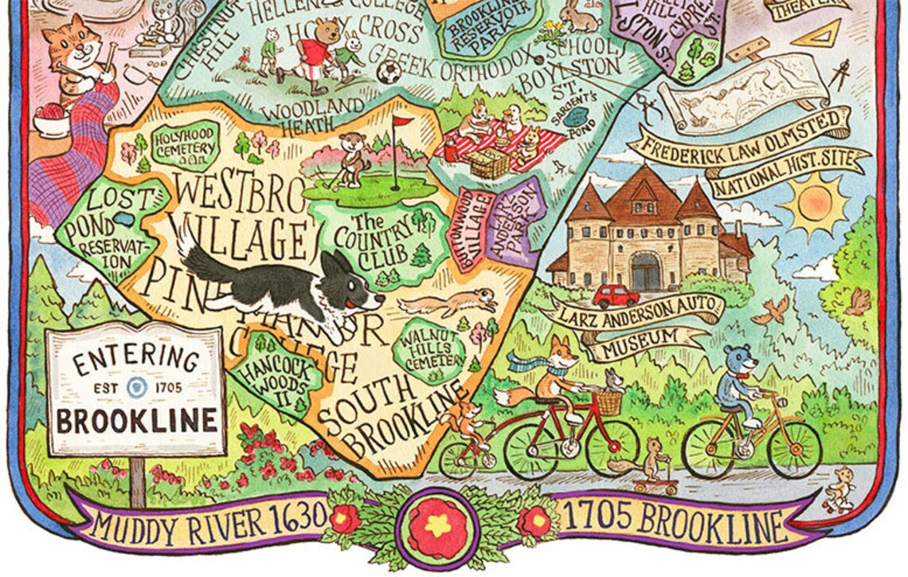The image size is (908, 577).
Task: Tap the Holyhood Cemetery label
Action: pyautogui.click(x=185, y=143)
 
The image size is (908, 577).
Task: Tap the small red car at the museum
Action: pyautogui.click(x=615, y=296)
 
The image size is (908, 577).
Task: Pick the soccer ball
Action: pyautogui.click(x=388, y=73)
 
